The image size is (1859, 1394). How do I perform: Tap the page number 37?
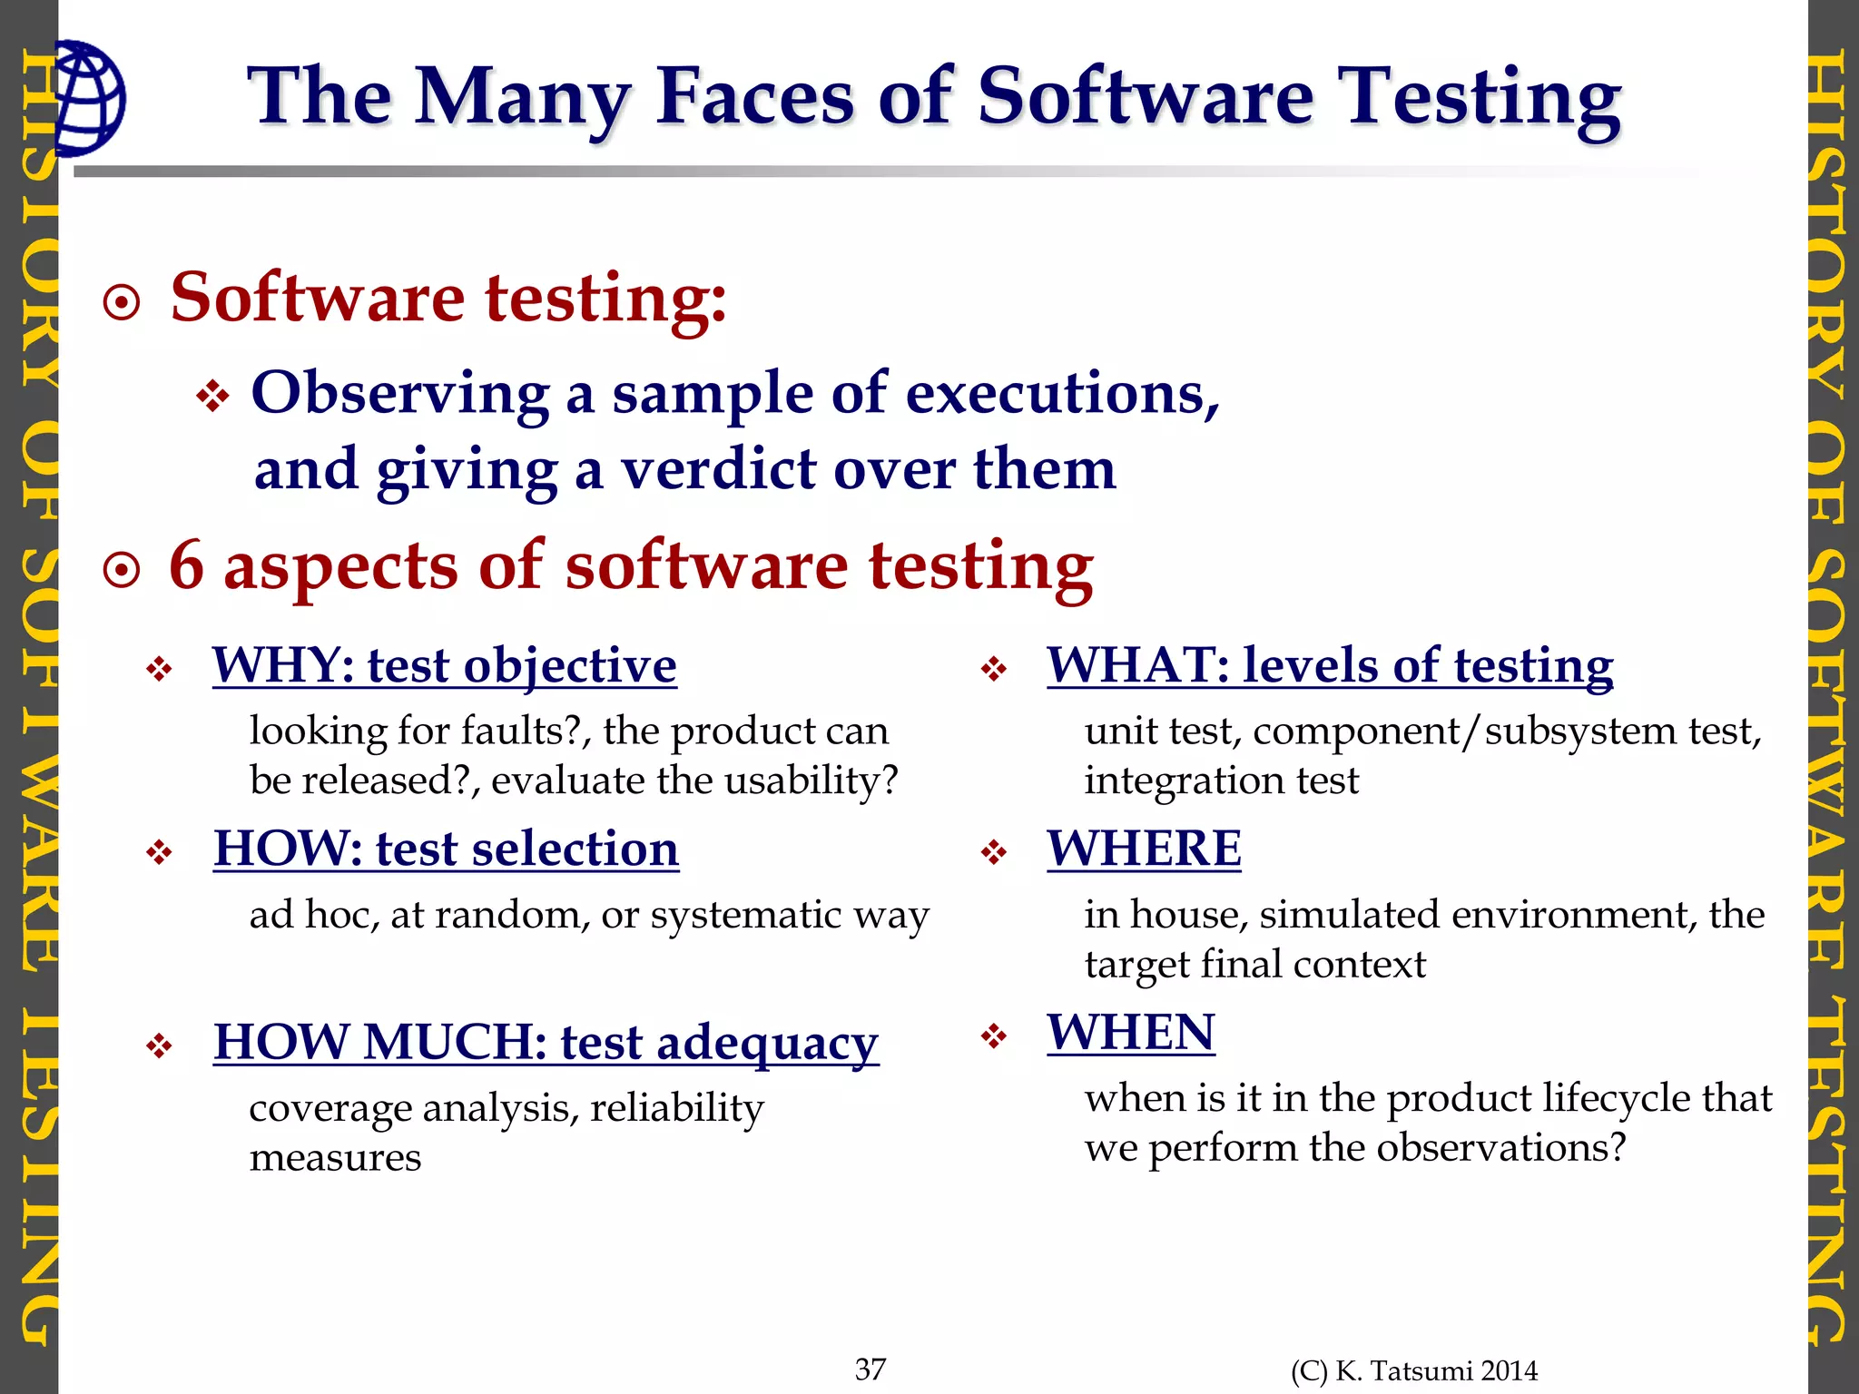(870, 1369)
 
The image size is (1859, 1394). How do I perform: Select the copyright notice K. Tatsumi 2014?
(1414, 1370)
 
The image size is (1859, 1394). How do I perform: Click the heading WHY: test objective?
(445, 665)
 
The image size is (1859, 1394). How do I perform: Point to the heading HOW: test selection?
(447, 849)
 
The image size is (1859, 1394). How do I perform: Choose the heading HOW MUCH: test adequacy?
(546, 1042)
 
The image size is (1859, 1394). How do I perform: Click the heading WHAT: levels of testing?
(1330, 665)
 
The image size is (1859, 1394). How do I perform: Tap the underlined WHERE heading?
(1144, 849)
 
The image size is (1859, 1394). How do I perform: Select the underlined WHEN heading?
(1131, 1033)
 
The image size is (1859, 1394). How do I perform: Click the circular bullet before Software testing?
(123, 303)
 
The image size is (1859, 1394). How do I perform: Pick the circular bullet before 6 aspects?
(123, 571)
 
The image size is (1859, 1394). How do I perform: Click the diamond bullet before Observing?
(212, 397)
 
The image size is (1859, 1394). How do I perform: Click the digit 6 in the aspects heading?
(187, 564)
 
